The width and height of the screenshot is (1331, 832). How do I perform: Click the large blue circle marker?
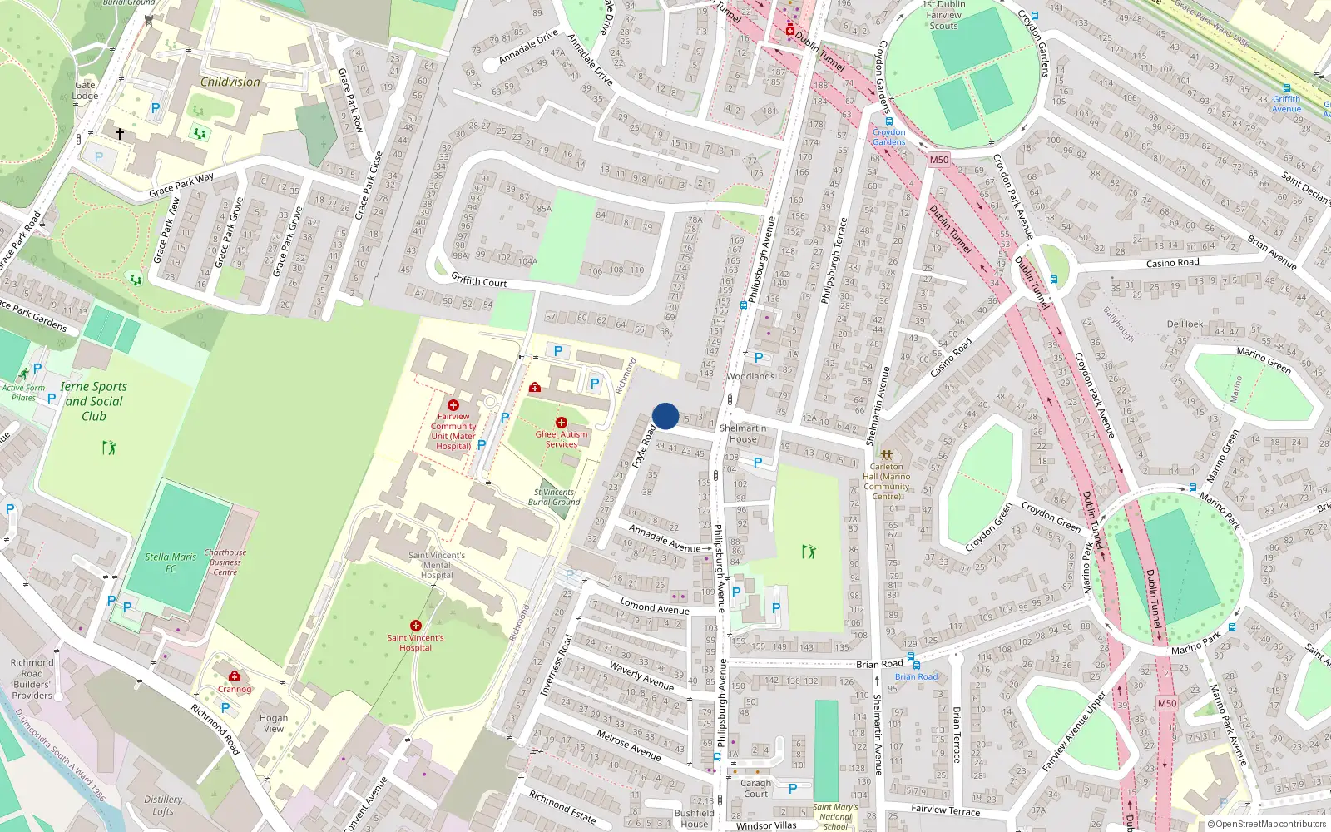pos(665,416)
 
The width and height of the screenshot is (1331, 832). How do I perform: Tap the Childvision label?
pos(230,82)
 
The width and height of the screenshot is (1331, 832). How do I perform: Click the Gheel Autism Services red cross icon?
pos(562,423)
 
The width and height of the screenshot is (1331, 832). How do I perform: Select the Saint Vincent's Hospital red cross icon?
pos(416,626)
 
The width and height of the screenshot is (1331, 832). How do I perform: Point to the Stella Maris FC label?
pos(171,562)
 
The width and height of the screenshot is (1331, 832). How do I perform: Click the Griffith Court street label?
pos(479,281)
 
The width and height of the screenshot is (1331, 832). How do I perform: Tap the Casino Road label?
pos(1172,263)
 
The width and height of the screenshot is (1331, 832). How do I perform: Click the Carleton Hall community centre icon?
pos(887,455)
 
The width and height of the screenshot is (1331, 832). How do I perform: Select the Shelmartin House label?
pos(743,433)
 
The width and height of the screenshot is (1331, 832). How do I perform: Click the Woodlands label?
pos(750,376)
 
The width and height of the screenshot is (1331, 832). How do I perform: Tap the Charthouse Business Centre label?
pos(225,562)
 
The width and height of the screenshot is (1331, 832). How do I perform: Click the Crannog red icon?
pos(235,676)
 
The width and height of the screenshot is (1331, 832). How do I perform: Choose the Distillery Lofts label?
pos(163,805)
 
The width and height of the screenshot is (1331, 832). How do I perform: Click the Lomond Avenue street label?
pos(655,607)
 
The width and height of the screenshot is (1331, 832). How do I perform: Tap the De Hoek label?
pos(1185,324)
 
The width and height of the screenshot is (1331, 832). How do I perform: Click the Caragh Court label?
pos(755,788)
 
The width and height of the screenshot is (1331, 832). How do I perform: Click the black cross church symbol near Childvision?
pos(120,133)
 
